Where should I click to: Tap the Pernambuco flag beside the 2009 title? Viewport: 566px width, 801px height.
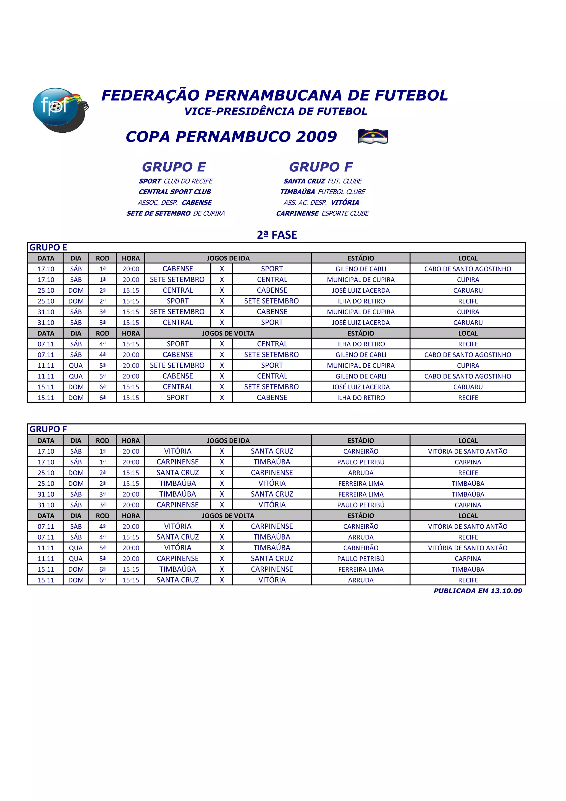click(x=373, y=136)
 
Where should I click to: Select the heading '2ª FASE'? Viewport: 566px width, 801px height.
click(x=277, y=235)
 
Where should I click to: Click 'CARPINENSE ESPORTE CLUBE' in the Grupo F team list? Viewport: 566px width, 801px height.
click(x=322, y=213)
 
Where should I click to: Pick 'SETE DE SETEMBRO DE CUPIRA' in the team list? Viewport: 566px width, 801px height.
click(x=175, y=213)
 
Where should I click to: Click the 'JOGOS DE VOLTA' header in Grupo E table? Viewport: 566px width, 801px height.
click(x=228, y=333)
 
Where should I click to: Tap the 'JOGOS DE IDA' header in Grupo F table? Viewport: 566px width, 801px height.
click(x=228, y=440)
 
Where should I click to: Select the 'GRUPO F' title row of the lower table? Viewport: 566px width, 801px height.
click(x=48, y=429)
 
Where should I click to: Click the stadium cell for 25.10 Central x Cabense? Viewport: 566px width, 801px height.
click(x=361, y=290)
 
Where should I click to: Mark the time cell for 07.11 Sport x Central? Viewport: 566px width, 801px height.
click(x=131, y=344)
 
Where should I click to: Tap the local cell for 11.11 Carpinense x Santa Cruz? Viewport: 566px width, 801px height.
click(x=468, y=559)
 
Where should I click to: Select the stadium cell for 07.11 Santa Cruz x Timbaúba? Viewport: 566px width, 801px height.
click(x=361, y=537)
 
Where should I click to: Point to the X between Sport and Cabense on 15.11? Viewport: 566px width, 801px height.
click(x=222, y=398)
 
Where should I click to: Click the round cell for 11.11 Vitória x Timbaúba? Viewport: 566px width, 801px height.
click(x=102, y=548)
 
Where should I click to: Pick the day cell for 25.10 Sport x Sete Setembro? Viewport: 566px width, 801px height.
click(x=76, y=301)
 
